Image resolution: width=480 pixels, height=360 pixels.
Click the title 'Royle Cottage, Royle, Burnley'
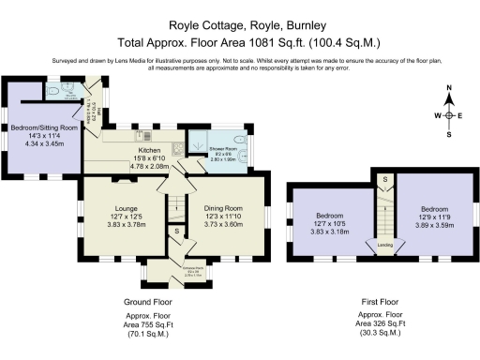click(x=241, y=26)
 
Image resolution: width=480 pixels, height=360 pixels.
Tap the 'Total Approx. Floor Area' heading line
click(x=241, y=42)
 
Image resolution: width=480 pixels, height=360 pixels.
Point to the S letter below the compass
click(x=448, y=135)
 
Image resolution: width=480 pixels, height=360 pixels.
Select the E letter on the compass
click(x=460, y=115)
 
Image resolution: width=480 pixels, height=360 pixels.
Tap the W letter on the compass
click(x=436, y=115)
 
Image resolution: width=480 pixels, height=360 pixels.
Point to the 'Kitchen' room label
click(x=152, y=150)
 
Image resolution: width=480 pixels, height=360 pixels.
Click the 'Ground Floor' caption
click(x=148, y=302)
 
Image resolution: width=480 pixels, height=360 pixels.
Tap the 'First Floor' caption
click(x=384, y=302)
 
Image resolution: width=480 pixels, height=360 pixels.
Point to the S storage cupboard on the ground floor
click(x=176, y=230)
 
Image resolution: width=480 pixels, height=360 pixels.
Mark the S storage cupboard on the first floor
click(x=384, y=179)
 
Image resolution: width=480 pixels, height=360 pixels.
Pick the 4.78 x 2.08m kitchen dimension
click(x=152, y=165)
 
